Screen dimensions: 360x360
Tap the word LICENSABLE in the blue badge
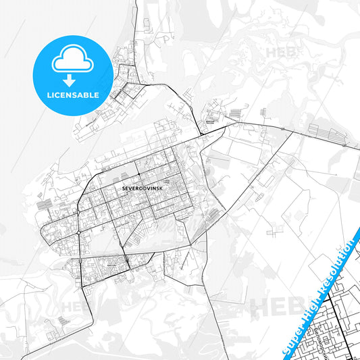tap(73, 95)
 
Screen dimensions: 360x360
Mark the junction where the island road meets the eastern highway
tap(201, 134)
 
